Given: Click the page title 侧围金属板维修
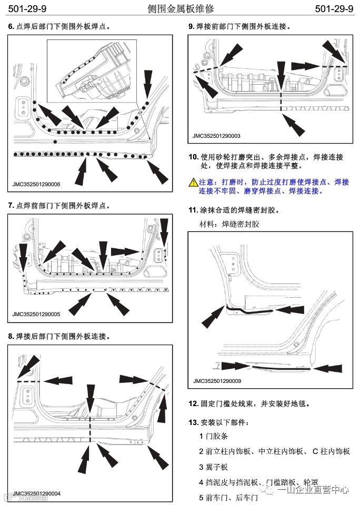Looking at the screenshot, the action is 182,9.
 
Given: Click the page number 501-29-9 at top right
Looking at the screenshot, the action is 333,9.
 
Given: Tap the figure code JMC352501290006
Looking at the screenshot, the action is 36,185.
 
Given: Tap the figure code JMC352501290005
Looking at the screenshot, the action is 36,315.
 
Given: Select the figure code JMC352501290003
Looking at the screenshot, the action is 217,136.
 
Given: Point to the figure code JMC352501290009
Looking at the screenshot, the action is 217,381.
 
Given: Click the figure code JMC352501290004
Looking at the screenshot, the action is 36,493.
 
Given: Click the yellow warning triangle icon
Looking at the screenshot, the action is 193,182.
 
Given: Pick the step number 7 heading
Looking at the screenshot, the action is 11,205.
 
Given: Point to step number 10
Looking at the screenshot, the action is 193,157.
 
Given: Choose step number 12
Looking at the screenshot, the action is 193,404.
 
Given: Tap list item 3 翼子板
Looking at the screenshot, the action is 213,467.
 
